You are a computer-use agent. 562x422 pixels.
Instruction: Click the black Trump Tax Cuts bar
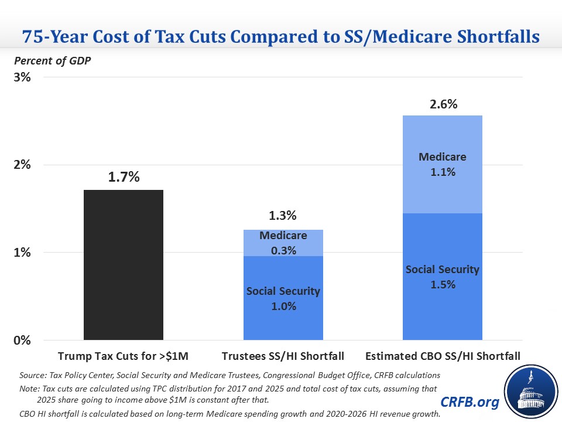(124, 264)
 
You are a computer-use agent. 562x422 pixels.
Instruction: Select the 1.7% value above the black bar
(124, 176)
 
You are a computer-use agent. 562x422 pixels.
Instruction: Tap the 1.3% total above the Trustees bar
(283, 216)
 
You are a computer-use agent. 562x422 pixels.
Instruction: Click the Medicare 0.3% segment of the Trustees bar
(283, 243)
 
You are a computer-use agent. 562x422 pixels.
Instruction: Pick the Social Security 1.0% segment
(283, 298)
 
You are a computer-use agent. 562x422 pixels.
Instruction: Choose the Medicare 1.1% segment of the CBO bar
(442, 164)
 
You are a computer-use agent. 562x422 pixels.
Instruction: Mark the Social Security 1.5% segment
(442, 277)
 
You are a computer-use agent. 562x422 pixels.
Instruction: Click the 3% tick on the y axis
(22, 77)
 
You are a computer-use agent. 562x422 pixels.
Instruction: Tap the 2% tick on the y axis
(22, 165)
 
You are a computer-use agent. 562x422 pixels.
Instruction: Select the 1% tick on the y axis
(22, 253)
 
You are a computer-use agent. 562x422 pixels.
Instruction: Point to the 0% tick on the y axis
(22, 341)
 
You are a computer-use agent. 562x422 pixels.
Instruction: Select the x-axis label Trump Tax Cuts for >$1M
(124, 356)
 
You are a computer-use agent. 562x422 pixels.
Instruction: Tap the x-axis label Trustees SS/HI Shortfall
(283, 356)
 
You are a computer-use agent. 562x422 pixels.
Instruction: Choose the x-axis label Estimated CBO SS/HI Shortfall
(442, 356)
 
